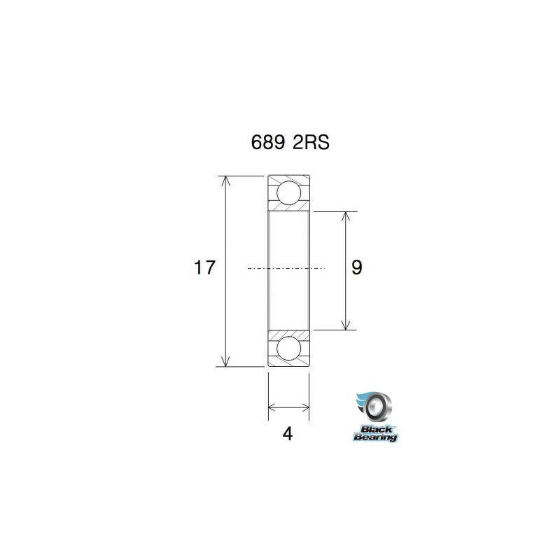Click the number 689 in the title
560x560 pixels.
[x=268, y=143]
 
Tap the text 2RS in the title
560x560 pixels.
[x=311, y=143]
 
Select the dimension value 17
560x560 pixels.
[x=204, y=267]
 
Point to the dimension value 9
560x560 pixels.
[x=356, y=267]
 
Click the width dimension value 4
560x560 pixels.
[x=288, y=434]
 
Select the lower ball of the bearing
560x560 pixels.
[x=288, y=348]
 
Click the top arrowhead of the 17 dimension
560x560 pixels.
[x=225, y=181]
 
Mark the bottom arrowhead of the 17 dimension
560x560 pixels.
[x=225, y=361]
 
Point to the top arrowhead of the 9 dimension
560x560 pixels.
[x=345, y=217]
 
